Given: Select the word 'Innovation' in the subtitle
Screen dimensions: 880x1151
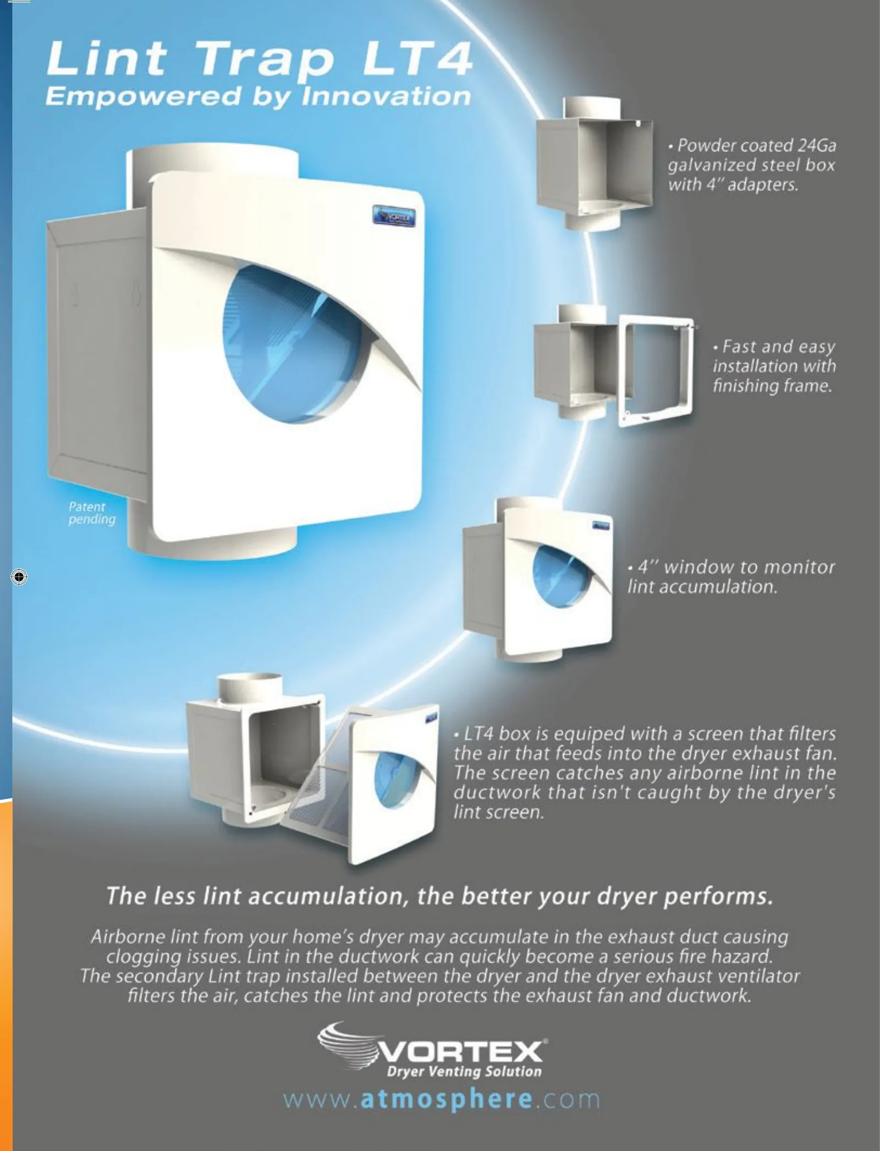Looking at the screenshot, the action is [x=386, y=96].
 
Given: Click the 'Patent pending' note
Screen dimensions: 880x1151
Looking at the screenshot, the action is [x=92, y=513].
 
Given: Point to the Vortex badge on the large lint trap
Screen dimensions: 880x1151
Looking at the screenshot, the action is [x=394, y=215].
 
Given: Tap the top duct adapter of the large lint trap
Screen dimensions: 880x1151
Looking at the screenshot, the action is [x=212, y=160].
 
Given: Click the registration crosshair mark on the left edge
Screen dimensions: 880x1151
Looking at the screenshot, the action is [x=19, y=577].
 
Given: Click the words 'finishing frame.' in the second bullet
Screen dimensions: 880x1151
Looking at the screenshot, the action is [x=772, y=386].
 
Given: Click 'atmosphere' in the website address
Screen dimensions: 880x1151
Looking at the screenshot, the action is [x=446, y=1099].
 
